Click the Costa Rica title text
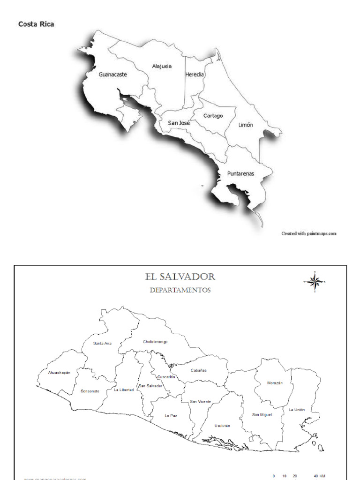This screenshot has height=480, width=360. point(36,24)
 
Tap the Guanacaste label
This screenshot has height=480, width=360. point(112,74)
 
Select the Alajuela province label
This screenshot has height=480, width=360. point(162,66)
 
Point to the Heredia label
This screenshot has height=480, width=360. point(195,74)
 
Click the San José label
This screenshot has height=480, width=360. point(179,123)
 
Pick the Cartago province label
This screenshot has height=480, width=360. point(213,116)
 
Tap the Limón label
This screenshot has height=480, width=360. point(246,125)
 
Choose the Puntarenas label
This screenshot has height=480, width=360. point(240,173)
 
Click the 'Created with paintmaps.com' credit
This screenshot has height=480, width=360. point(308,233)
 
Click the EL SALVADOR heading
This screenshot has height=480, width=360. point(180,277)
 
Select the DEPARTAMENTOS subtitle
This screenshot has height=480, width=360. point(180,290)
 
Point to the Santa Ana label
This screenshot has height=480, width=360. point(102,343)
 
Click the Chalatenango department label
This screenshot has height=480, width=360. point(155,342)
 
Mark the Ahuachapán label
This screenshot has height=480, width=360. point(59,373)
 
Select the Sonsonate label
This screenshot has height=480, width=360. point(90,391)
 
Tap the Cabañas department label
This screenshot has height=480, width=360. point(198,370)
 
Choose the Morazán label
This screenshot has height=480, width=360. point(275,383)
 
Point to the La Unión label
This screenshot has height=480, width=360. point(297,409)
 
